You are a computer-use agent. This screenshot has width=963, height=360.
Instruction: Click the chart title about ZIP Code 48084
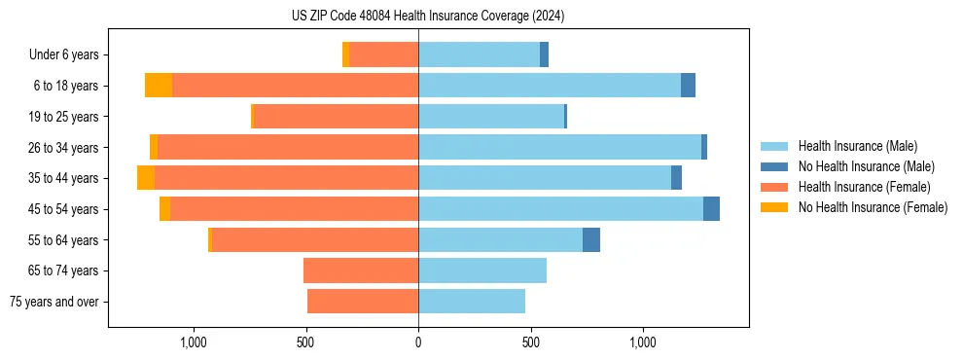(428, 16)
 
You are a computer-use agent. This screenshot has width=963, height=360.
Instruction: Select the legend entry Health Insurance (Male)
(857, 146)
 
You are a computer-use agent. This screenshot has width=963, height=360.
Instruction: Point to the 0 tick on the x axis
(418, 342)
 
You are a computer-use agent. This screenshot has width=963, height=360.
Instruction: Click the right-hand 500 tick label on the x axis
(530, 342)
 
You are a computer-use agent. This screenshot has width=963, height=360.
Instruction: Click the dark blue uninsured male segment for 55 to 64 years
(591, 239)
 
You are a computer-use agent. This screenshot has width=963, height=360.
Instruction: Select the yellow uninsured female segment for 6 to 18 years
(159, 86)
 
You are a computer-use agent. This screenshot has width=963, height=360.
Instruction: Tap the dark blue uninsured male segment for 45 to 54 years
(711, 209)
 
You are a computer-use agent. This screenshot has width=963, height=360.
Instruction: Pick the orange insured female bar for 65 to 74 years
(361, 270)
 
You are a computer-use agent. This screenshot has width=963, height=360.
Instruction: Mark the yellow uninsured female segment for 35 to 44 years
(146, 178)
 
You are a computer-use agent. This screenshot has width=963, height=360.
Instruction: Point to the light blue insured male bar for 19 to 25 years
(491, 117)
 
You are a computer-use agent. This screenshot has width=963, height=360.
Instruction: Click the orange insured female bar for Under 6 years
(383, 55)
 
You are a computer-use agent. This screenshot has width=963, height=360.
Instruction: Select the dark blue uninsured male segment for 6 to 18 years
(688, 86)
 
